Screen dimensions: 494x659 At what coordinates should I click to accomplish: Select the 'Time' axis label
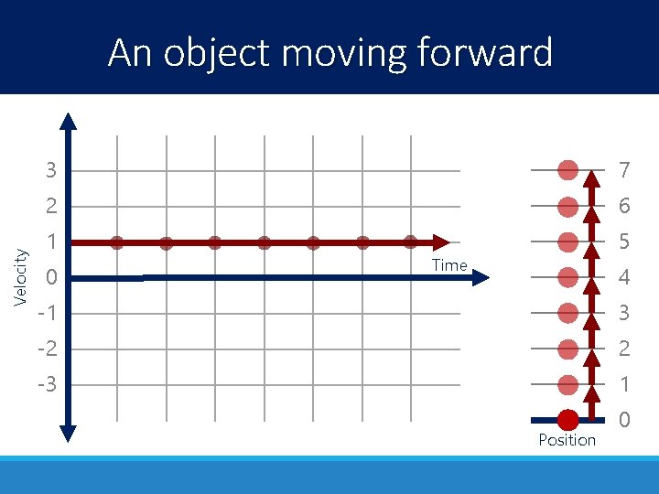click(449, 265)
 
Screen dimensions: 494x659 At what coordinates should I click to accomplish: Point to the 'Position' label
click(567, 440)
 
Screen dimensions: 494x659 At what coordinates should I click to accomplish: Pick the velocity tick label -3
click(47, 384)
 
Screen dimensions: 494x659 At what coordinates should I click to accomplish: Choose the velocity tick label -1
click(47, 313)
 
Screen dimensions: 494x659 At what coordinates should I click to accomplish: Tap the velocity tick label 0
click(52, 277)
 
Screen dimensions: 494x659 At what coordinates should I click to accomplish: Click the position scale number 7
click(624, 170)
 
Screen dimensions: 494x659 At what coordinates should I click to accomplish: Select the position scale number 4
click(624, 277)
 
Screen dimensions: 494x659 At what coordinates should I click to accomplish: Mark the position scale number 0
click(624, 421)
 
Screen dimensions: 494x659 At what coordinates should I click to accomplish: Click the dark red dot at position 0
click(568, 420)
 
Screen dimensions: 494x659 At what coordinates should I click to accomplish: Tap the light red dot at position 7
click(568, 170)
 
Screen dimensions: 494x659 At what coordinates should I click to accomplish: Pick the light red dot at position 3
click(568, 313)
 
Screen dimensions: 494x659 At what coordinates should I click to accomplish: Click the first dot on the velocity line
click(117, 242)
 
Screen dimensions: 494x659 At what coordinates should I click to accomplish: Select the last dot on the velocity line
click(411, 242)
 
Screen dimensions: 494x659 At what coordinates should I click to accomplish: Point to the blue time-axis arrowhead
click(481, 277)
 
